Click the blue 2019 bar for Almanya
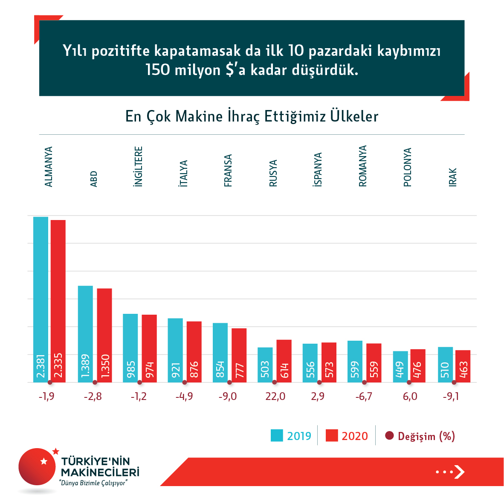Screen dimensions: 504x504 click(x=41, y=298)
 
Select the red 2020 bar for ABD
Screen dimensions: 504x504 click(x=104, y=335)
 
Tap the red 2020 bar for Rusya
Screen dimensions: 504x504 click(x=284, y=360)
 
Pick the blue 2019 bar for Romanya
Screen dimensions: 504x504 click(x=355, y=361)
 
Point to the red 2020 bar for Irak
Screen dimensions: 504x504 click(x=463, y=366)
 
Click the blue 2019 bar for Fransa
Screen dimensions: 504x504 click(x=220, y=352)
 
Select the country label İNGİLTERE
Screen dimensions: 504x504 click(x=138, y=167)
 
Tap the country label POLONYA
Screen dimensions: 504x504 click(x=408, y=167)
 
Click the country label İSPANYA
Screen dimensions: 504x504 click(x=318, y=170)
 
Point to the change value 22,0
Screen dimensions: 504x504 click(x=275, y=397)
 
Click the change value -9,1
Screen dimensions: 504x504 click(x=451, y=397)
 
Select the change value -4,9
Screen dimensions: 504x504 click(x=184, y=397)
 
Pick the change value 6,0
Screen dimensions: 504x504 click(x=410, y=397)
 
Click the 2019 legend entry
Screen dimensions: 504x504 click(x=291, y=436)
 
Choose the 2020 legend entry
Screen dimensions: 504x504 click(x=347, y=436)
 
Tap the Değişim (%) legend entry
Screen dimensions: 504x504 click(x=420, y=436)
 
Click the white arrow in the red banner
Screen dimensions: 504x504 click(x=459, y=472)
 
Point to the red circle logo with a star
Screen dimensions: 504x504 click(x=38, y=466)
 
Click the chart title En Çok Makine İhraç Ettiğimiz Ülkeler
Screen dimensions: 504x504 click(x=252, y=116)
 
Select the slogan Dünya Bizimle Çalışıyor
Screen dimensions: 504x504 click(x=94, y=483)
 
